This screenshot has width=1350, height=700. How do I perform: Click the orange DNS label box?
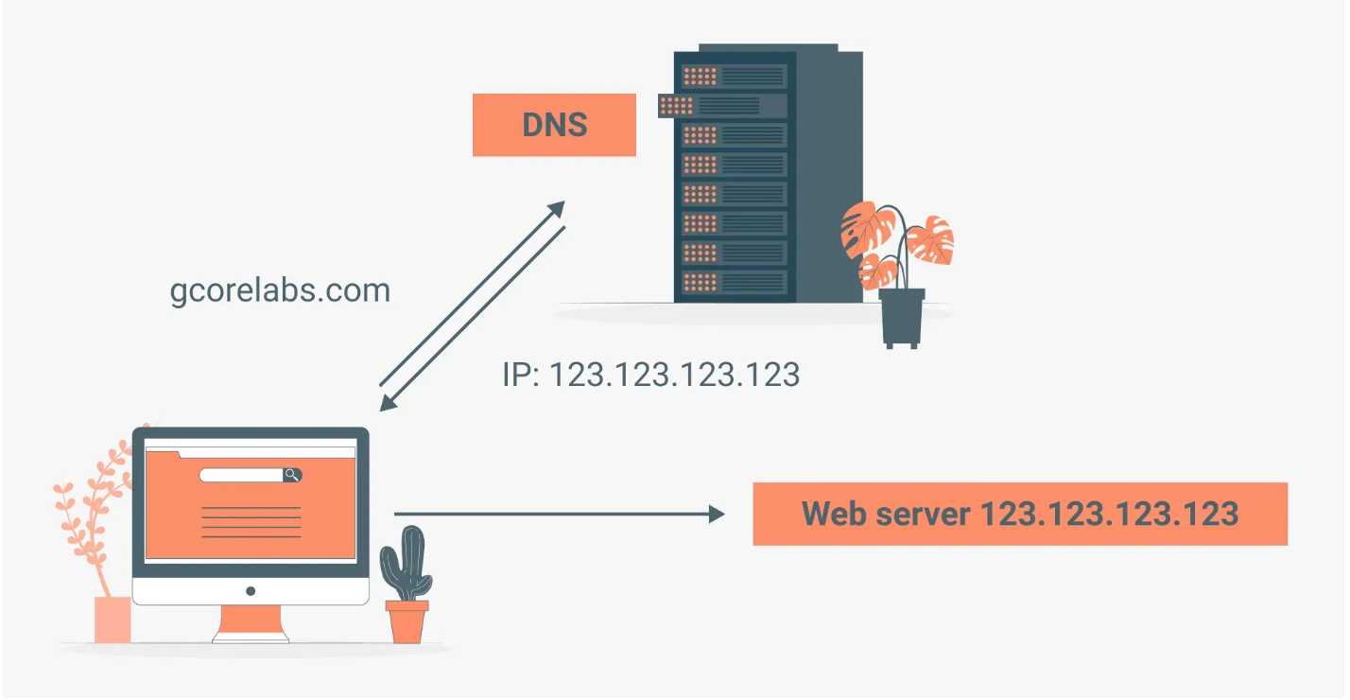[554, 125]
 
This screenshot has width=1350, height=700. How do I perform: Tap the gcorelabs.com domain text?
[280, 291]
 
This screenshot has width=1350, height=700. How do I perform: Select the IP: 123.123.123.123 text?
[650, 375]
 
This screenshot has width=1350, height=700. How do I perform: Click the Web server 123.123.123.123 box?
[1020, 514]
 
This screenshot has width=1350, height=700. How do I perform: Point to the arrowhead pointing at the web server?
[718, 515]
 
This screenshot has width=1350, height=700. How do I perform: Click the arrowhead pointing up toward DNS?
[557, 209]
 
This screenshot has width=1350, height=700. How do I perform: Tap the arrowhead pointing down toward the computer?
[388, 403]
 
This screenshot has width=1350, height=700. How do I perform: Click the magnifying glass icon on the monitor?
[292, 475]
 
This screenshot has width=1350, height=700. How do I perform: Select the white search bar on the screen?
[242, 475]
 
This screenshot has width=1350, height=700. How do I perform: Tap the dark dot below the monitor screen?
[251, 591]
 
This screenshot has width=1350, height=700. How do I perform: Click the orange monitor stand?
[251, 624]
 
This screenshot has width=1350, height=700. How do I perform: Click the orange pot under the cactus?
[407, 621]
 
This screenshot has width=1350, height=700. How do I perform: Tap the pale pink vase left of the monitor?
[112, 620]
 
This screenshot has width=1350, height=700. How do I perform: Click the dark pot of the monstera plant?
[902, 319]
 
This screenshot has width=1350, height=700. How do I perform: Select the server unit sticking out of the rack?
[722, 106]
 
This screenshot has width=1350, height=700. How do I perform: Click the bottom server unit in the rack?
[734, 282]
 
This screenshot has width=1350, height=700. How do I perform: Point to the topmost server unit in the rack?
[734, 76]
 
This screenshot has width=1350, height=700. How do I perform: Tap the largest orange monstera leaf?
[868, 228]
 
